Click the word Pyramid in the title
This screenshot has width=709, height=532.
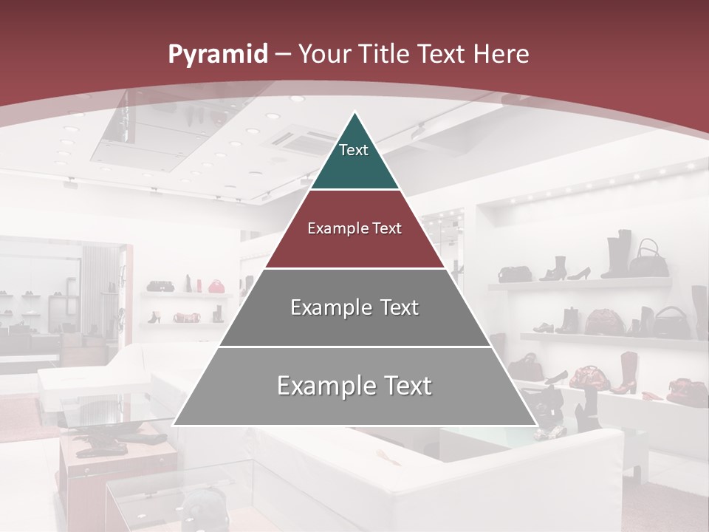click(217, 54)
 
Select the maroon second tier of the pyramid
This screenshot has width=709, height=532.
click(354, 229)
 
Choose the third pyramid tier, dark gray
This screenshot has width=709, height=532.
click(354, 307)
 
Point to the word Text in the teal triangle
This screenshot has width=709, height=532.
click(353, 150)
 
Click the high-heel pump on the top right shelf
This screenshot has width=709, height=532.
click(578, 273)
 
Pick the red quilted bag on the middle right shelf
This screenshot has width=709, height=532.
click(605, 322)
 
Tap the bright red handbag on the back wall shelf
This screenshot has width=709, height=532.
click(216, 286)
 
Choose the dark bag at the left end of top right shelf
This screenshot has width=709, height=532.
click(515, 274)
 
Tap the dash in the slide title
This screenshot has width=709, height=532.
click(283, 55)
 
